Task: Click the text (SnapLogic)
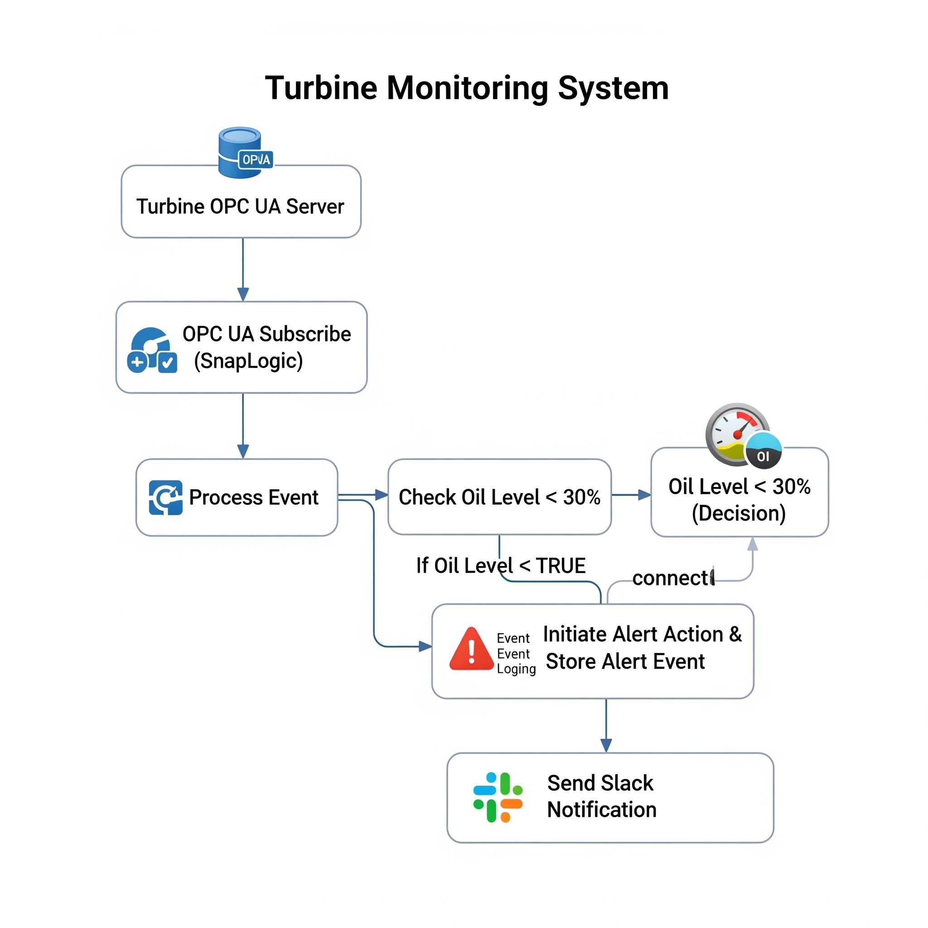(248, 361)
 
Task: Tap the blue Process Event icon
(165, 498)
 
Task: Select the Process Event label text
(254, 498)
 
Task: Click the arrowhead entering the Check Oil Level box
(382, 495)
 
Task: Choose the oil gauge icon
(742, 435)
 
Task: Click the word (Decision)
(739, 513)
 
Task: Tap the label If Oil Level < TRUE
(501, 566)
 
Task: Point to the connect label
(672, 578)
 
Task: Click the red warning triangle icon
(471, 649)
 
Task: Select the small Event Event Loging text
(516, 654)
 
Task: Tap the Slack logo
(498, 797)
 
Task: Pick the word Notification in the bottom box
(602, 810)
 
